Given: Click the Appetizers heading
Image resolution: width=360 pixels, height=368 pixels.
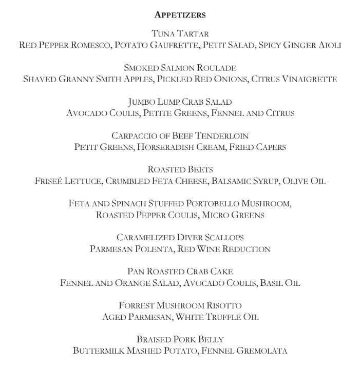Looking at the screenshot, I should pyautogui.click(x=180, y=15).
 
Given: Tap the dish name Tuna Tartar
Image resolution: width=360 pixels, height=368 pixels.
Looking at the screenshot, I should pyautogui.click(x=180, y=34).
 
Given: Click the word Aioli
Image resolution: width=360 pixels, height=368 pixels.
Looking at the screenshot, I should pyautogui.click(x=328, y=45).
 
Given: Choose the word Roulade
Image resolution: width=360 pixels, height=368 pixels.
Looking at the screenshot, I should pyautogui.click(x=215, y=68).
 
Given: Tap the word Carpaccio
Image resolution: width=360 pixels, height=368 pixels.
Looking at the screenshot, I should pyautogui.click(x=132, y=135).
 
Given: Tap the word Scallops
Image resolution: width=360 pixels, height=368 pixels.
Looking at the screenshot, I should pyautogui.click(x=222, y=237).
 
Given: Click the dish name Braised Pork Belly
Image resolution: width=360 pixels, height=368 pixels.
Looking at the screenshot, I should pyautogui.click(x=180, y=339).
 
